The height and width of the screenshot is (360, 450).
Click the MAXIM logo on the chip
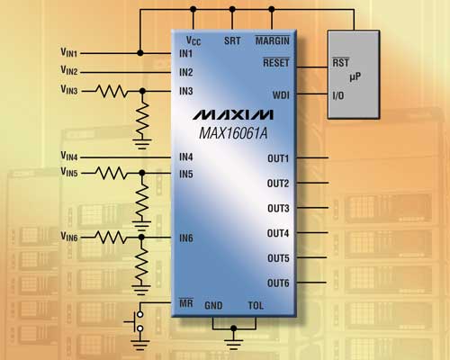coord(233,114)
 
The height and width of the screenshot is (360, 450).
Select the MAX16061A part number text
coord(233,133)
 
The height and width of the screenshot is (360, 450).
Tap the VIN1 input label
coord(69,52)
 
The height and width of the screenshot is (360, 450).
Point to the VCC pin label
coord(193,40)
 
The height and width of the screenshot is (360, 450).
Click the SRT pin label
coord(232,40)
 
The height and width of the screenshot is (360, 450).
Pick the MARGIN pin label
coord(273,40)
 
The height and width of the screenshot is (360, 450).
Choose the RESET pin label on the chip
coord(276,62)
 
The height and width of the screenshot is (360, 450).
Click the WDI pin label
coord(281,95)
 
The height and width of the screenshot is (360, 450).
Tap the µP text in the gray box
coord(355,77)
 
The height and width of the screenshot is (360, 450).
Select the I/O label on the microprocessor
coord(338,95)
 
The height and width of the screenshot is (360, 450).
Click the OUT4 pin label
coord(278,233)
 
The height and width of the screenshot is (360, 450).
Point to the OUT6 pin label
coord(278,283)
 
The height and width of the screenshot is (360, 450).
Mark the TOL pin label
coord(256,305)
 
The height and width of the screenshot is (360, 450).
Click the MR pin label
coord(186,303)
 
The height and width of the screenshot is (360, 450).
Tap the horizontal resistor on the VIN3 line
coord(112,91)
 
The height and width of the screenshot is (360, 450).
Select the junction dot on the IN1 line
coord(140,53)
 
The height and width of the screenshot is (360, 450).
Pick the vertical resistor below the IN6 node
coord(141,264)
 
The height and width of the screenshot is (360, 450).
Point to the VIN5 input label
coord(69,172)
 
